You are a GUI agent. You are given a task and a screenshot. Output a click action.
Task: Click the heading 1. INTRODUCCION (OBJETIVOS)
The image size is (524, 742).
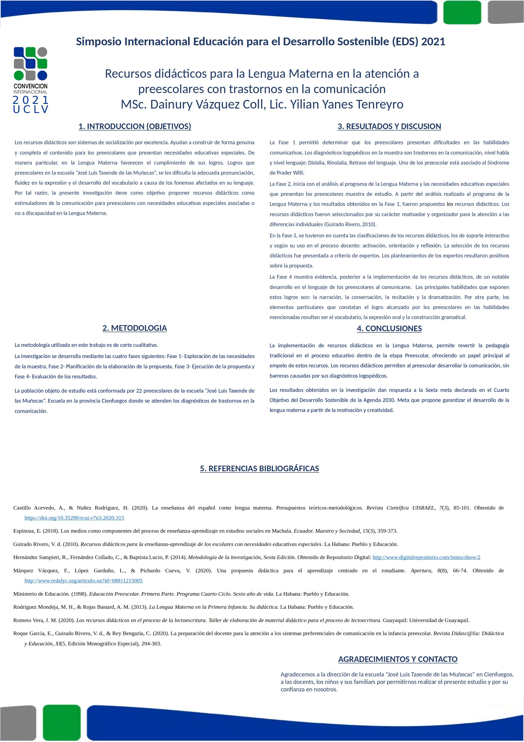coord(135,126)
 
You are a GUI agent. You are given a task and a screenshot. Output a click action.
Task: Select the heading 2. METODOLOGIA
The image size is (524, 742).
coord(134,328)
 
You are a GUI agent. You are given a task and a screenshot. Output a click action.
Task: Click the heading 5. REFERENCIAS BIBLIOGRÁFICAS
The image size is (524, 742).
coord(259,469)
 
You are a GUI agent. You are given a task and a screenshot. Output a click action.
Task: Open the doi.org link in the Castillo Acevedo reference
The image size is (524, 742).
coord(74,518)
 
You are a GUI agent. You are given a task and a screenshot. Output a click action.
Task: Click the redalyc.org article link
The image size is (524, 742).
coord(83,580)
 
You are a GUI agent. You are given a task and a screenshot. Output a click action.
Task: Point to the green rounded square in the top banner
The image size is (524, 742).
coord(462,12)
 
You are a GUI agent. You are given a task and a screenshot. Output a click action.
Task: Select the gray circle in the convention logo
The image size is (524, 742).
coord(42,52)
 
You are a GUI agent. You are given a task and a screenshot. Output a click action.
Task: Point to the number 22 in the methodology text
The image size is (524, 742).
coord(139,391)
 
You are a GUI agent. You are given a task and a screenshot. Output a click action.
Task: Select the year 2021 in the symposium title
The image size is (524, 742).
coord(433,42)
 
